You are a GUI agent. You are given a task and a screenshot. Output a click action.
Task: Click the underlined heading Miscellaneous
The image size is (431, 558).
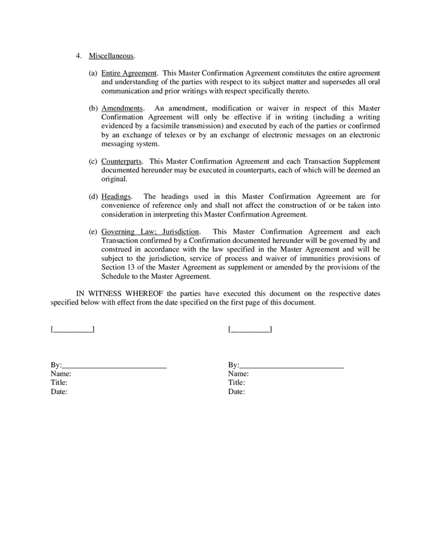(x=112, y=56)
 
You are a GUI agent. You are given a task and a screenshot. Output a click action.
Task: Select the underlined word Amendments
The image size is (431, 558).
(x=122, y=108)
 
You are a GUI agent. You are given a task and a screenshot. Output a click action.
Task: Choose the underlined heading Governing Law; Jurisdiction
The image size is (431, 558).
(x=150, y=232)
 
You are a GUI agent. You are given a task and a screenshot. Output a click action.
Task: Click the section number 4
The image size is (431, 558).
(x=79, y=56)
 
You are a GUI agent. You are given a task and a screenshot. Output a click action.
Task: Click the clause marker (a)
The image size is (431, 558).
(x=93, y=73)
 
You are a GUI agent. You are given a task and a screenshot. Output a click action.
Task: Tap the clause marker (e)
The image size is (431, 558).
(x=93, y=232)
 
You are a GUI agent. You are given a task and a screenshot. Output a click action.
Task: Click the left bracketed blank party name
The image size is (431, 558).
(x=73, y=329)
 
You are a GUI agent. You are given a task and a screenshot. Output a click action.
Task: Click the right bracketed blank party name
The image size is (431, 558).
(x=250, y=329)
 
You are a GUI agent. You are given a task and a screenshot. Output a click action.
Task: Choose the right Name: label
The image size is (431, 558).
(x=238, y=374)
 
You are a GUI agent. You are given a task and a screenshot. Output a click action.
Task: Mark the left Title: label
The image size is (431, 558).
(x=59, y=383)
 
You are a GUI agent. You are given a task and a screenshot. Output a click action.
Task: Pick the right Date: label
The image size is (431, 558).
(x=236, y=392)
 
